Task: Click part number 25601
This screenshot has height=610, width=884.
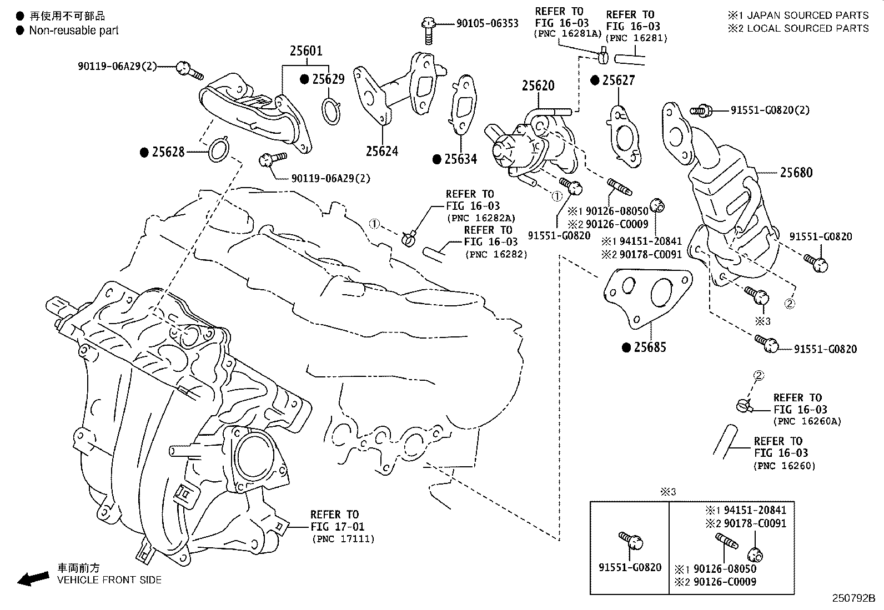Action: coord(305,51)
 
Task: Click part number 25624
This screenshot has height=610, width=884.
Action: coord(381,151)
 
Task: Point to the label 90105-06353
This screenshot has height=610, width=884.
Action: coord(487,23)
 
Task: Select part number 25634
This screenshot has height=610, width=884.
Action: coord(460,159)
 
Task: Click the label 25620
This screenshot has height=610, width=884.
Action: coord(538,86)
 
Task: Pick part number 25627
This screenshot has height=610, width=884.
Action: coord(618,80)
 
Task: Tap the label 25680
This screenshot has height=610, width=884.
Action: coord(796,173)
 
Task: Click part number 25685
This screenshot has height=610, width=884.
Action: coord(650,347)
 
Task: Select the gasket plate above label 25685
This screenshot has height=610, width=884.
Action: coord(647,294)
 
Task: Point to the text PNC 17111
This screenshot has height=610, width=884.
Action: coord(343,539)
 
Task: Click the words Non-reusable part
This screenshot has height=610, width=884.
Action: coord(74,31)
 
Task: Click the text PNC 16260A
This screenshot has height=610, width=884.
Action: coord(807,421)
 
